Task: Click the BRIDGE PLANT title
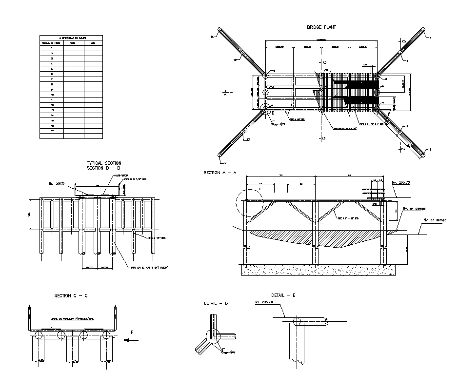point(321,27)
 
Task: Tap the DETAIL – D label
point(216,303)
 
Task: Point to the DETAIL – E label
point(283,295)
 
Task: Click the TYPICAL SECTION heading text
point(104,163)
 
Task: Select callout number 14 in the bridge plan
point(213,37)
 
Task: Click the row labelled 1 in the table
point(52,48)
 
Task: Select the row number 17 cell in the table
point(52,131)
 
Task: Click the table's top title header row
point(71,38)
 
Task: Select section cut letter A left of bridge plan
point(225,96)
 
